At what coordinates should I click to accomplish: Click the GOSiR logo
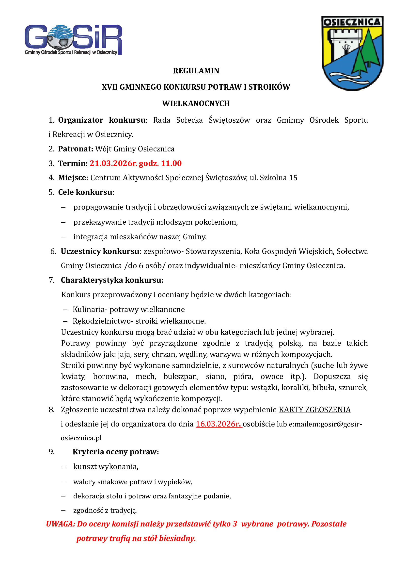click(73, 40)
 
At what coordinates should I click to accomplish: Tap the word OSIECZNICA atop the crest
click(352, 22)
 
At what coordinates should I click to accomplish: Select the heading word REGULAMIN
click(196, 71)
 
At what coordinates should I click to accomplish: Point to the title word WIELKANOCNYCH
click(196, 104)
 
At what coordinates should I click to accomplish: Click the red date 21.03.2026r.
click(113, 163)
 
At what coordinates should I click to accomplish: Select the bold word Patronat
click(76, 149)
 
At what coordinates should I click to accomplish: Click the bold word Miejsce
click(72, 178)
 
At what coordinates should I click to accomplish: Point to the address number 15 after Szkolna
click(293, 178)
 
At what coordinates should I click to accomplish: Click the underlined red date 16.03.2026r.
click(218, 424)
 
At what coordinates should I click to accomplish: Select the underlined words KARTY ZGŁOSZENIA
click(314, 410)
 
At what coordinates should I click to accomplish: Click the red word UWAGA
click(60, 524)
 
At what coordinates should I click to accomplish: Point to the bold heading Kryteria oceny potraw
click(116, 452)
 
